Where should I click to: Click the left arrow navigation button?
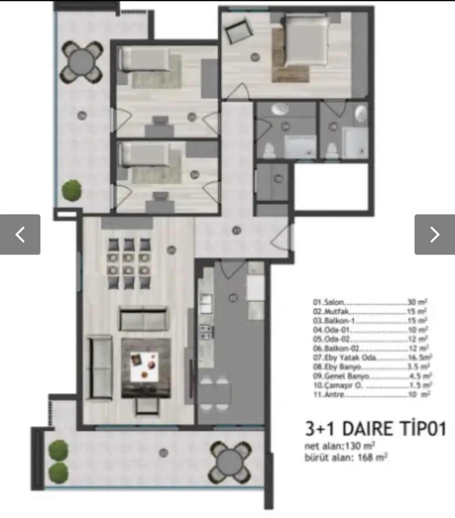[20, 234]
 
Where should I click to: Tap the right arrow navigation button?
[435, 234]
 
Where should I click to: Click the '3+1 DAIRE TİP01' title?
[375, 429]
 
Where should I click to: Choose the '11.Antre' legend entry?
[372, 394]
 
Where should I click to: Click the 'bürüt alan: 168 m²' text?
[346, 458]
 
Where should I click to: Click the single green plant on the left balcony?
[72, 190]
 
